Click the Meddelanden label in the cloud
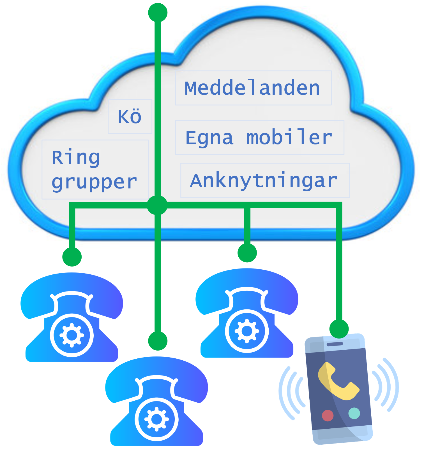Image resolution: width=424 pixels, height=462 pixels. coord(252,88)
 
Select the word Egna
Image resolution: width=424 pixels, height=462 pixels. coord(209,138)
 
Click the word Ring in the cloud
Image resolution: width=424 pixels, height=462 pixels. coord(76,157)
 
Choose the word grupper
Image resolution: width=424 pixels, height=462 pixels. coord(94,182)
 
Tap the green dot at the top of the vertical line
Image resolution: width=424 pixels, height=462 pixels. coord(158,13)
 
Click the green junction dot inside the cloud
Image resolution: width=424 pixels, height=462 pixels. coord(157,205)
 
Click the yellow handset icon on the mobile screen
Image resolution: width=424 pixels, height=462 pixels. coord(338,381)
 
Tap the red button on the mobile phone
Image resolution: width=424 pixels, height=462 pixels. coord(328,416)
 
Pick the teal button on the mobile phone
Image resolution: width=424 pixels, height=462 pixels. coord(354,413)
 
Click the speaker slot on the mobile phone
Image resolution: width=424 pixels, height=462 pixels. coord(335,344)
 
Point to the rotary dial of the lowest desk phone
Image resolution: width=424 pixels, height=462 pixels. coord(156,419)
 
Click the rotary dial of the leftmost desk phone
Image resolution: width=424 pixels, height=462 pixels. coord(72,335)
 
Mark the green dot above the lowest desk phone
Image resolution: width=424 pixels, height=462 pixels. coord(158,341)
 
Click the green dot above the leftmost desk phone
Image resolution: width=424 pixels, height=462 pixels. coord(72,257)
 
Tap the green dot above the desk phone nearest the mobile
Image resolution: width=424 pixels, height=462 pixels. coord(247,253)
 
